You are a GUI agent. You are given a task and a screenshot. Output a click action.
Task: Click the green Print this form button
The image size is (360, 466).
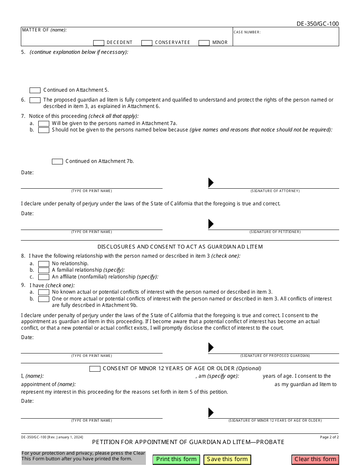176,459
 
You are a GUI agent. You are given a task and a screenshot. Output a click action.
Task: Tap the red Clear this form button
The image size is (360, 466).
315,459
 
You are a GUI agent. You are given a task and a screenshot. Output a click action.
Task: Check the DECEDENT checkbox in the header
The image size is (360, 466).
99,43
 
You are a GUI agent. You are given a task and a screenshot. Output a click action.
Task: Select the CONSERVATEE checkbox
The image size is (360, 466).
147,43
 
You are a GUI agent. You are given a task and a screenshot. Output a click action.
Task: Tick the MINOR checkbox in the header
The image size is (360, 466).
204,43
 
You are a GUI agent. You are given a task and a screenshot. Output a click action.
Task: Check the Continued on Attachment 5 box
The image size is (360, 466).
35,90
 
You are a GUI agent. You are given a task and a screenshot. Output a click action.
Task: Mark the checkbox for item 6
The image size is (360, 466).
35,100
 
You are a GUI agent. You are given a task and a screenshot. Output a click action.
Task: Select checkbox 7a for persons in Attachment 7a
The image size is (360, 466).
44,124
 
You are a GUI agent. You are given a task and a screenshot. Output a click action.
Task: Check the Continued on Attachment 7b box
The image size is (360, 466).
57,161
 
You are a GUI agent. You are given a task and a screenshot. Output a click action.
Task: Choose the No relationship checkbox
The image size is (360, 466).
44,264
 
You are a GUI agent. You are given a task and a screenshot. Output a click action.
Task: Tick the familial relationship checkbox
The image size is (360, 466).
44,270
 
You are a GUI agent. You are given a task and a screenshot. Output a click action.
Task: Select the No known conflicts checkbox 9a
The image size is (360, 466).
44,292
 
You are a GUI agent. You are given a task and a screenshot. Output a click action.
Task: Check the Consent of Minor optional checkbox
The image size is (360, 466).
95,369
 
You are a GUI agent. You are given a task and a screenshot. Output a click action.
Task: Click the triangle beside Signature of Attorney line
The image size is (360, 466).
211,183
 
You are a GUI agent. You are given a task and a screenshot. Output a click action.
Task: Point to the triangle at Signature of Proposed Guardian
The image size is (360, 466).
211,347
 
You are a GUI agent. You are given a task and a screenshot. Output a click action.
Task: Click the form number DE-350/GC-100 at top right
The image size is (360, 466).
318,24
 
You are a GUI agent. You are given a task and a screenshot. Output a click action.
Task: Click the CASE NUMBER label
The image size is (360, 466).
247,32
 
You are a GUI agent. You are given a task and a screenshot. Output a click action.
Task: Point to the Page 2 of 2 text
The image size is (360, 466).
329,437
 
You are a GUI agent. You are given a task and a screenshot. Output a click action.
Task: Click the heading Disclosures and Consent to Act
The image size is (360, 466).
180,247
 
